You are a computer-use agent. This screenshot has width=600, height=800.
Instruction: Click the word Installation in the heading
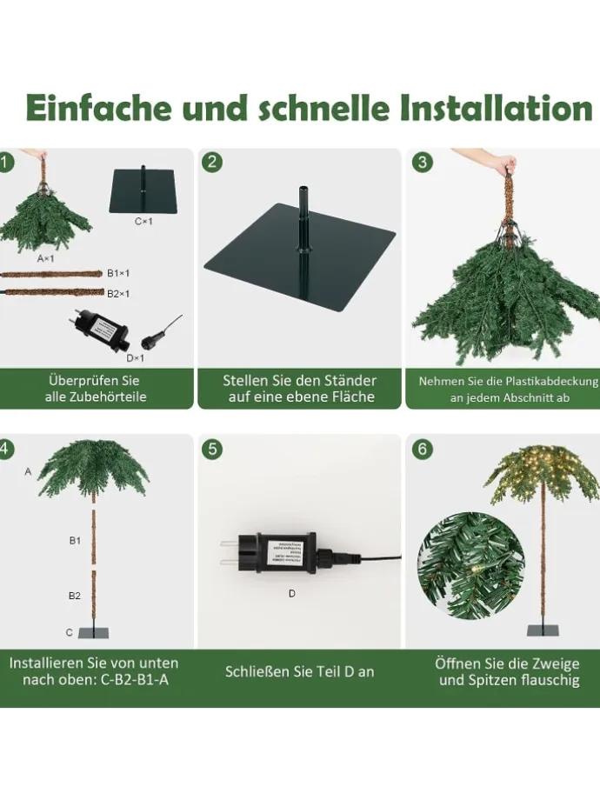click(x=497, y=110)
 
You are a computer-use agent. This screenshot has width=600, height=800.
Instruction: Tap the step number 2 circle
click(x=212, y=162)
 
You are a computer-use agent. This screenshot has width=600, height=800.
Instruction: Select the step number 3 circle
click(x=422, y=162)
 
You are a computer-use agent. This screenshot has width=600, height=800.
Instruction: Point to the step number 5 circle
click(x=212, y=450)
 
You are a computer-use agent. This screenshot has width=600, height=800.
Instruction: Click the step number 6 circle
click(x=422, y=450)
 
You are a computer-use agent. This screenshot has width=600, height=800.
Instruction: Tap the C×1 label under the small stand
click(x=143, y=222)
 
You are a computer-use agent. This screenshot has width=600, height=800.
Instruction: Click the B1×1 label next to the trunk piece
click(x=118, y=273)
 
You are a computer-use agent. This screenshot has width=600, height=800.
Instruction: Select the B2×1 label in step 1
click(x=118, y=294)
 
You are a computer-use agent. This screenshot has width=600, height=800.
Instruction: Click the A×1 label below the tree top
click(x=45, y=258)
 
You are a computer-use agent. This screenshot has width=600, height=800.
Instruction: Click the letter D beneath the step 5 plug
click(x=291, y=594)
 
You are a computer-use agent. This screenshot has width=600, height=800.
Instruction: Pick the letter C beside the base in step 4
click(x=70, y=632)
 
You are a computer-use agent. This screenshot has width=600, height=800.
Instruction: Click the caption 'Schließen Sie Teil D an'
click(x=300, y=672)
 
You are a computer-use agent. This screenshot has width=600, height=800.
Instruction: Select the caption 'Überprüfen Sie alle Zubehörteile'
click(x=96, y=389)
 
